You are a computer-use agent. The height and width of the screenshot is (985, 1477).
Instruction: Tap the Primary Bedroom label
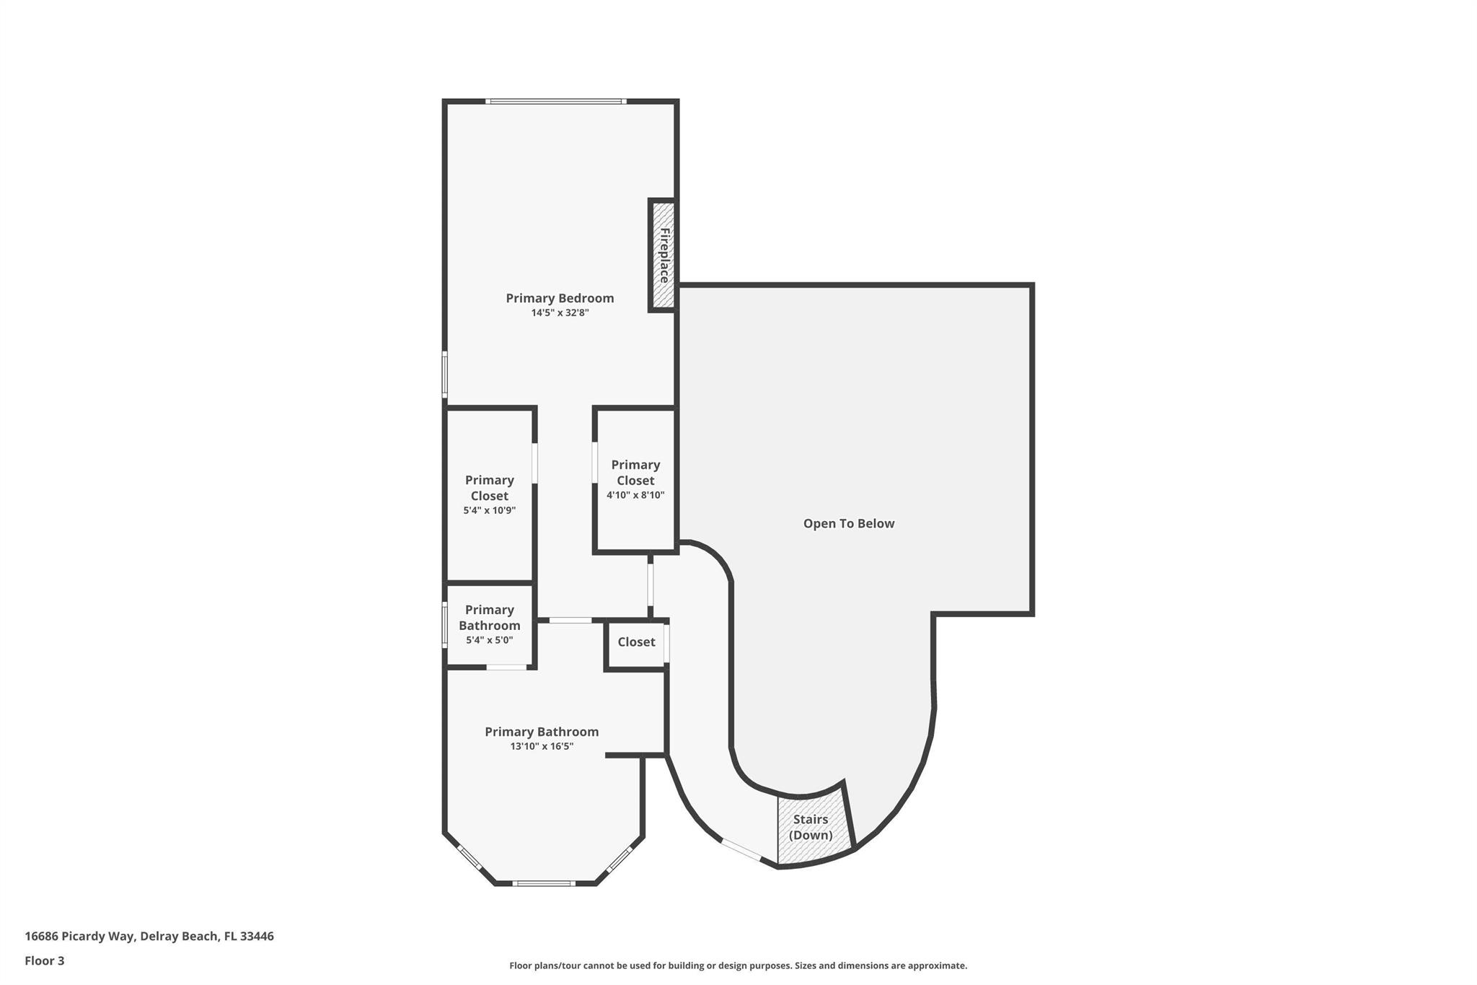pyautogui.click(x=560, y=298)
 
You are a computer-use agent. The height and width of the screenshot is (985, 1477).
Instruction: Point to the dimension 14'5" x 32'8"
pyautogui.click(x=560, y=313)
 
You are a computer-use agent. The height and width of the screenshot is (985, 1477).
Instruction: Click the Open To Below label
pyautogui.click(x=848, y=524)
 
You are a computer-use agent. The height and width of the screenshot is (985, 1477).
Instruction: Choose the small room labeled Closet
pyautogui.click(x=636, y=642)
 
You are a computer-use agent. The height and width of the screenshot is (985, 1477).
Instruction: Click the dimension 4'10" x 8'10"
pyautogui.click(x=635, y=495)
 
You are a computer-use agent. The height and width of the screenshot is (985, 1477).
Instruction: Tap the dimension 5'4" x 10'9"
pyautogui.click(x=489, y=510)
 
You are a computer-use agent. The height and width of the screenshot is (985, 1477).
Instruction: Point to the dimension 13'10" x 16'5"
pyautogui.click(x=542, y=747)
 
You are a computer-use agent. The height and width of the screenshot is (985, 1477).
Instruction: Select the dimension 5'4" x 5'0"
pyautogui.click(x=489, y=640)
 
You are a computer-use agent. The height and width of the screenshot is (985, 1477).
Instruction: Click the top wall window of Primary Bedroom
pyautogui.click(x=555, y=102)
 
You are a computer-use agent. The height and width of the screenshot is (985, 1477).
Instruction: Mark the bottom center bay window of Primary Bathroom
pyautogui.click(x=544, y=883)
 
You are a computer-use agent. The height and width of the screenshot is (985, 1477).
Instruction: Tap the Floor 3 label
pyautogui.click(x=45, y=960)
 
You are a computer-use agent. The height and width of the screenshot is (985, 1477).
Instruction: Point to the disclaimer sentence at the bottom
pyautogui.click(x=738, y=966)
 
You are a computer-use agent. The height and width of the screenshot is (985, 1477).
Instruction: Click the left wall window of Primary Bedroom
pyautogui.click(x=445, y=374)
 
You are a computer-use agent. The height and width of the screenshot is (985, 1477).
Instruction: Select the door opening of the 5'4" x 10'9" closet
pyautogui.click(x=534, y=463)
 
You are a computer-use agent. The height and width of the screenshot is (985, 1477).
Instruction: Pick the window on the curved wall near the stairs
pyautogui.click(x=741, y=850)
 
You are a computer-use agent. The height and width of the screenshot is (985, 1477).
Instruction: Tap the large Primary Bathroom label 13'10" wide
pyautogui.click(x=542, y=732)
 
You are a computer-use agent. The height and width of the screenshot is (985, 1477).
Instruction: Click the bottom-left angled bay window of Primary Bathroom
pyautogui.click(x=469, y=857)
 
